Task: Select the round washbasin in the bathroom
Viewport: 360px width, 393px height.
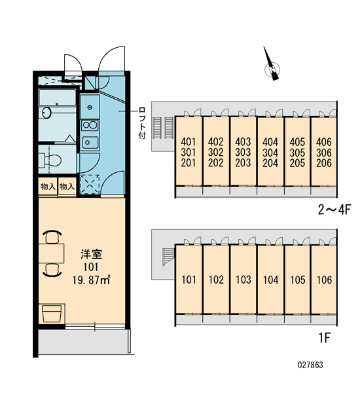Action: coord(46,113)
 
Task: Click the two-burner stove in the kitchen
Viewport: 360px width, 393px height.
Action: coord(90,125)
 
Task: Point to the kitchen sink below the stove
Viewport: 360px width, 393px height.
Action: coord(90,142)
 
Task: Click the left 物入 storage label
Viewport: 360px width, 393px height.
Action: coord(48,186)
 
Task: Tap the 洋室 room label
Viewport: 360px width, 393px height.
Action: coord(91,254)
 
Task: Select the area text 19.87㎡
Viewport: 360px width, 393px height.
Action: coord(92,280)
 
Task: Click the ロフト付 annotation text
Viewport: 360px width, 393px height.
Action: coord(142,123)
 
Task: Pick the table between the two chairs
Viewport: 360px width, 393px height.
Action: coord(51,253)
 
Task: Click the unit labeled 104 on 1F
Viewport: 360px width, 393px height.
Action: coord(271,280)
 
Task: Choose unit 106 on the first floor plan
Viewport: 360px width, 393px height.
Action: coord(325,280)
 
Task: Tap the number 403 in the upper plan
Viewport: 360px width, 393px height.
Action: coord(243,142)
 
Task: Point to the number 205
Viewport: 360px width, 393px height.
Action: coord(297,163)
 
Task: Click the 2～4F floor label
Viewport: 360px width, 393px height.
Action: coord(334,210)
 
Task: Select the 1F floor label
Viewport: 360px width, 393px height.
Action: coord(325,337)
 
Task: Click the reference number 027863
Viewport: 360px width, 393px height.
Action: coord(310,365)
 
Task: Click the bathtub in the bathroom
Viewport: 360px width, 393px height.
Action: coord(58,98)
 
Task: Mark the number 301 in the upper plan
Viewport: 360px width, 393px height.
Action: coord(189,153)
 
